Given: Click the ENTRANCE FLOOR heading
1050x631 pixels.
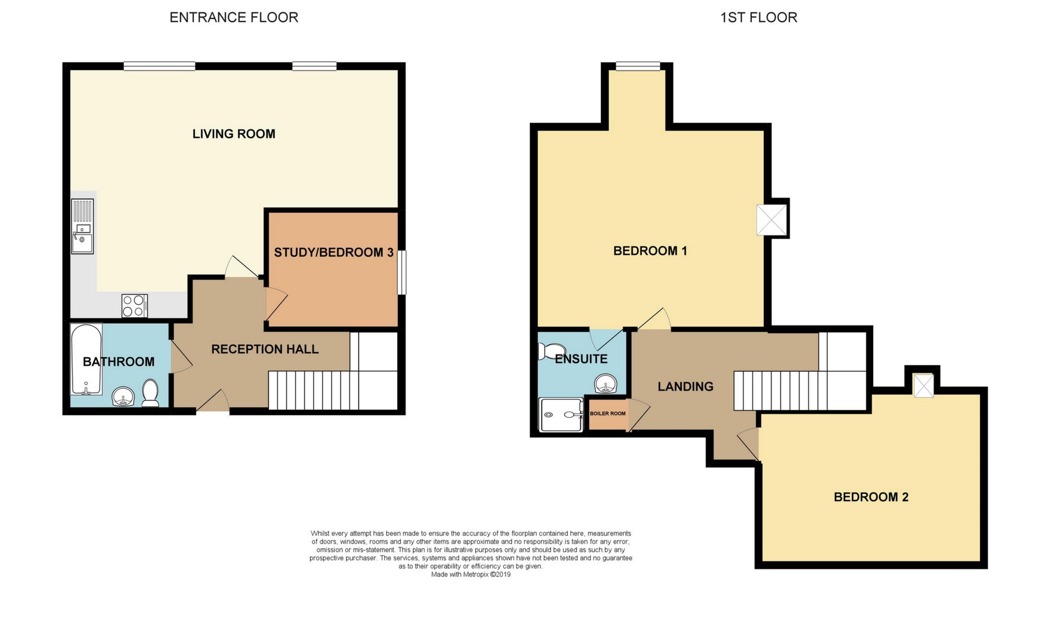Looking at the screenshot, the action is pos(234,18).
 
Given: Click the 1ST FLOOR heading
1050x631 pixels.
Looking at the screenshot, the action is pos(759,18).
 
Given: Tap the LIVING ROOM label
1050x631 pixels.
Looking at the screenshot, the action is pos(234,134).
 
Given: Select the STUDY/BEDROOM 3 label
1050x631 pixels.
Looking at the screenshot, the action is pos(333,253).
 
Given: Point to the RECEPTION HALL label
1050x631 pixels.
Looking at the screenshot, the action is pos(265,349).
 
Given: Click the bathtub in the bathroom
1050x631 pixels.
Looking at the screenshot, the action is pos(87,359).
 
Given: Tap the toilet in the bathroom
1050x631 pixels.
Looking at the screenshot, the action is pos(150,393).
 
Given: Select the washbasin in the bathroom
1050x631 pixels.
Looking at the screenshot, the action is pos(123,397).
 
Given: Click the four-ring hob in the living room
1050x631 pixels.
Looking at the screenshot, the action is pos(135,306).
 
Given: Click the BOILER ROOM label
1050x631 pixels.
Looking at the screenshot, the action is pos(608,414).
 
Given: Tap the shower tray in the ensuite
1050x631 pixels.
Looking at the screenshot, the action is pos(562,415).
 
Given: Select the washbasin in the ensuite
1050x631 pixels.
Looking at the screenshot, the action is pos(606,384).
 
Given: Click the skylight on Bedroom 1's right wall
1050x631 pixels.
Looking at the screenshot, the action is pos(772,220).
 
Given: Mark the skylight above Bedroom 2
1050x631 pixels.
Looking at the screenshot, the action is pos(923,386).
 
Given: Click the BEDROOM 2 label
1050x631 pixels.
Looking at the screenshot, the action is pos(871,497).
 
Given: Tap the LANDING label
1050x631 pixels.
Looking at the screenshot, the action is pos(685,387).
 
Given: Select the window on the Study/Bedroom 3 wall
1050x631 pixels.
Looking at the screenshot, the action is pos(402,273).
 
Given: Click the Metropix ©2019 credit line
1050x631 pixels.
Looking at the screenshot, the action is pos(471,574).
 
